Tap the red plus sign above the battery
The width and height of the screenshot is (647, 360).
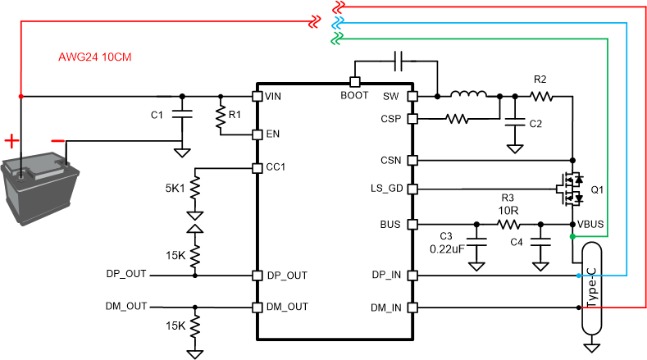pos(11,140)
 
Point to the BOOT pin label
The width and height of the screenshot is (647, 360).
pos(355,96)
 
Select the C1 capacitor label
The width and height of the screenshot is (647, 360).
pos(157,115)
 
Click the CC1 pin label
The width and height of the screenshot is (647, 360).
pos(276,168)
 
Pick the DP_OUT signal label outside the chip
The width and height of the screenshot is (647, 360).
pos(127,273)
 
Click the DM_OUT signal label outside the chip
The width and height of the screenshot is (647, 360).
pos(127,306)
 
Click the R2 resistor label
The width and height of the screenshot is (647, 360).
pos(540,80)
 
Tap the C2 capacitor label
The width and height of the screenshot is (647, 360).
pos(535,124)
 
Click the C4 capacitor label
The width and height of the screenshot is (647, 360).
pos(517,242)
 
